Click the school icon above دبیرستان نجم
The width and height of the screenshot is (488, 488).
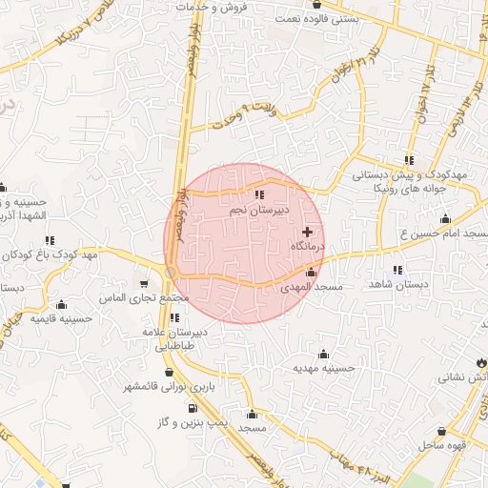(259, 194)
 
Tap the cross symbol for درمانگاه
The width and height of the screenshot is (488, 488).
(306, 233)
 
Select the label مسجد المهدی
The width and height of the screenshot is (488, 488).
(311, 287)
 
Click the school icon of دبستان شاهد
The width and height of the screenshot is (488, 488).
(396, 270)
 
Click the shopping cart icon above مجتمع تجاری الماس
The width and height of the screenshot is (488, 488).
(144, 283)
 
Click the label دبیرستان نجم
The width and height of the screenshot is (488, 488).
(254, 208)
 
